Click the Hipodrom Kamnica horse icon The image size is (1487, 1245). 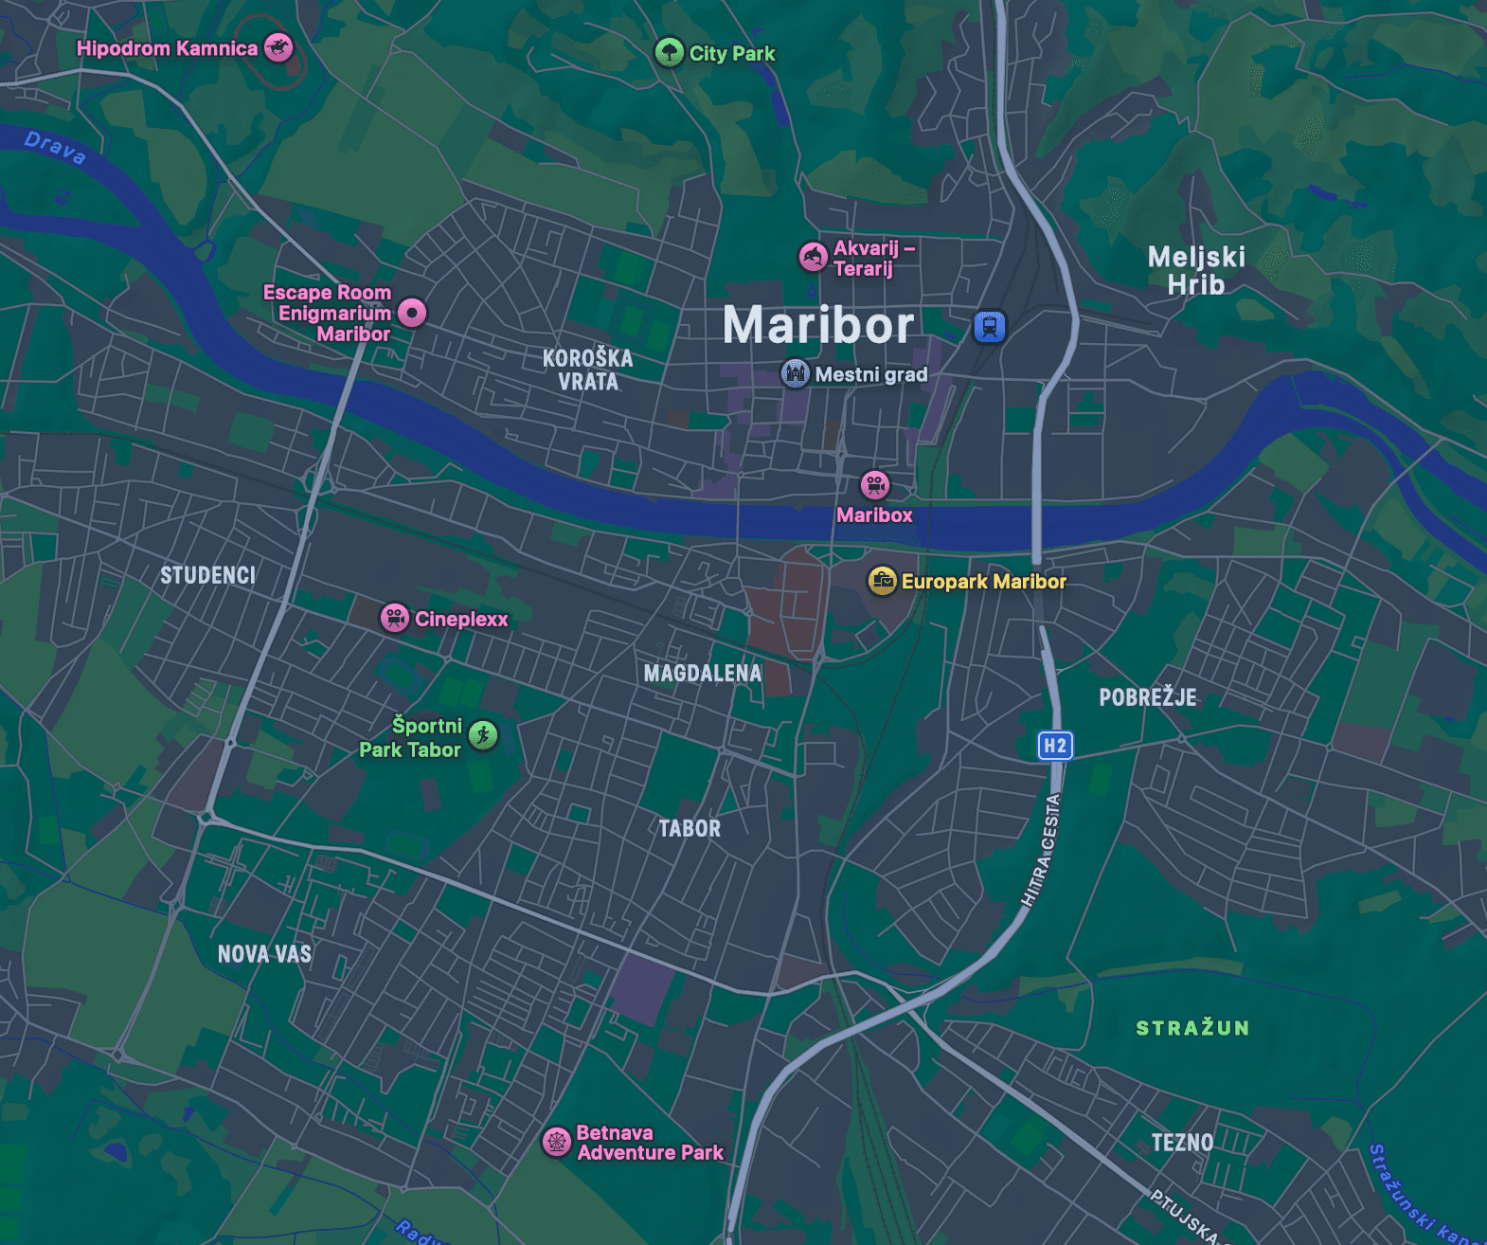(278, 47)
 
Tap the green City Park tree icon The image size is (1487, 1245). (670, 52)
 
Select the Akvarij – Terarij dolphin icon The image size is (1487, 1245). (813, 257)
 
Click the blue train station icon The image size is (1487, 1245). (990, 327)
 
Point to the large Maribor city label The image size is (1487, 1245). (818, 325)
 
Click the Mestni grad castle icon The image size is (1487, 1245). (795, 373)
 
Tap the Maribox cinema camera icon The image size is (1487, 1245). (874, 485)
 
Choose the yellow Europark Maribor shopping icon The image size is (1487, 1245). (883, 581)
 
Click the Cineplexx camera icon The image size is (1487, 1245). (395, 618)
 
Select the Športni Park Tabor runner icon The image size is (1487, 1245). (484, 735)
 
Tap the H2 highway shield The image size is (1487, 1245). (1055, 746)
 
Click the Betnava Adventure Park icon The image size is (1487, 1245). (557, 1142)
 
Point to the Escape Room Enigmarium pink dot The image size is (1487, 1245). (412, 312)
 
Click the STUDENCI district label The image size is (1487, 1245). (207, 575)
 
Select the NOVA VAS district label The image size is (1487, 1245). (264, 954)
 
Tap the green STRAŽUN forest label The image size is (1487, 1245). (1192, 1028)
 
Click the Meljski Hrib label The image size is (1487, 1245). (1196, 271)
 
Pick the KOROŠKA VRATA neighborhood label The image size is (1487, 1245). (587, 370)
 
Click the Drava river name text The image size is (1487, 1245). (55, 148)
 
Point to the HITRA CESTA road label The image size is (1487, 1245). (1041, 850)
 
